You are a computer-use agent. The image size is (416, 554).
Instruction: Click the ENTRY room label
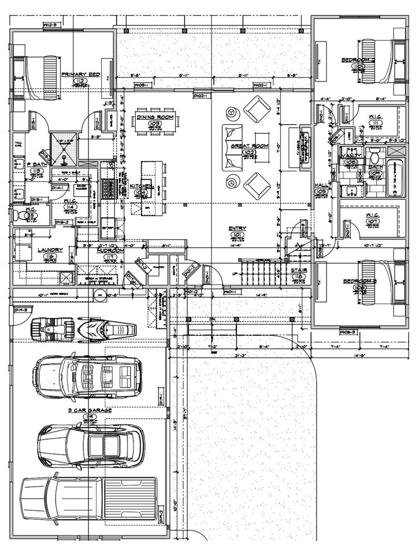(x=237, y=229)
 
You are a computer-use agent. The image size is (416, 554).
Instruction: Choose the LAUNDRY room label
(x=49, y=250)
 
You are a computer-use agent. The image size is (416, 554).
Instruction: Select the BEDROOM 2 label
(x=358, y=59)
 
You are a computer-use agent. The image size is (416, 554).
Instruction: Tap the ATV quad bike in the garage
(x=51, y=330)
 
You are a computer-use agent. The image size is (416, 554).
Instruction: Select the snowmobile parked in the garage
(x=107, y=330)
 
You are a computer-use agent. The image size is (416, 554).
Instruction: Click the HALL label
(x=321, y=186)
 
